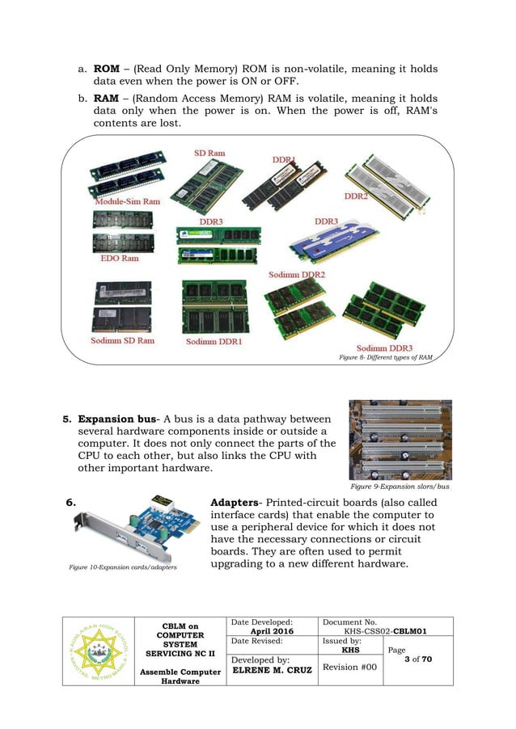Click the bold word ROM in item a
108,68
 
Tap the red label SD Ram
209,153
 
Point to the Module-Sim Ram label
127,200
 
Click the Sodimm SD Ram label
122,341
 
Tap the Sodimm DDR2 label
297,275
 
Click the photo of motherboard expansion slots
400,440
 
